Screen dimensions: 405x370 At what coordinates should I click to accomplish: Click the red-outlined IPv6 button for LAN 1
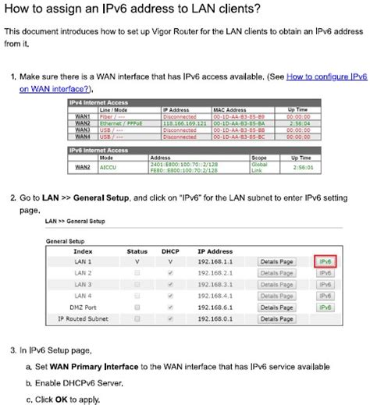tap(326, 261)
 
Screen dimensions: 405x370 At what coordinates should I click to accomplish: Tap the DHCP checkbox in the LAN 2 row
tap(170, 273)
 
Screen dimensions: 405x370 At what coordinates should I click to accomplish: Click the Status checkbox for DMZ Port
tap(137, 307)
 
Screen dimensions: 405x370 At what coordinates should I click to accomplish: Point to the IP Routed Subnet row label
tap(83, 318)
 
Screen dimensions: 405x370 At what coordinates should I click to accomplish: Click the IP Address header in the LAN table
tap(215, 251)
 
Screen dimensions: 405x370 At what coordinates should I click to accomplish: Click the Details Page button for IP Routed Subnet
tap(276, 318)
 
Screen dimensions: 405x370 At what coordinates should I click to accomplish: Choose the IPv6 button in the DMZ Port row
tap(326, 307)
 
